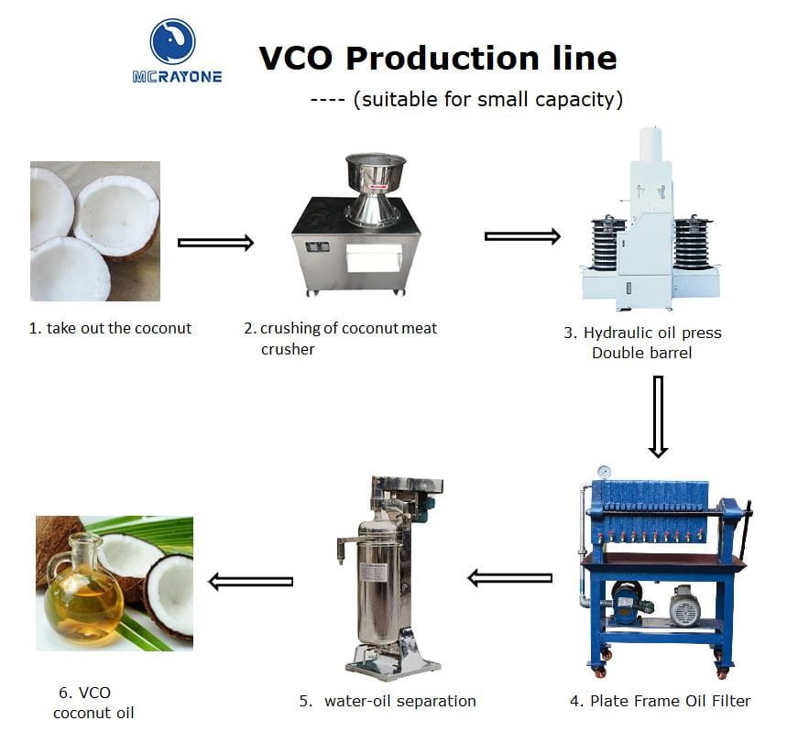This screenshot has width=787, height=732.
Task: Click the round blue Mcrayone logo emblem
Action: click(x=172, y=41)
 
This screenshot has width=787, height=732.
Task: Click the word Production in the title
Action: click(x=443, y=59)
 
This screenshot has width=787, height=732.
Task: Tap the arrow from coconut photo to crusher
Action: click(x=216, y=243)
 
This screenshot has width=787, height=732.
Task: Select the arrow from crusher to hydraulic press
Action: click(x=522, y=236)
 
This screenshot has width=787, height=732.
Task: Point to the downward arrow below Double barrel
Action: click(x=658, y=416)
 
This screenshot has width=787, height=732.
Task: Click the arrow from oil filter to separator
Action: click(x=510, y=578)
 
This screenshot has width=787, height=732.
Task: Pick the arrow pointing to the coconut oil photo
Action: click(x=250, y=582)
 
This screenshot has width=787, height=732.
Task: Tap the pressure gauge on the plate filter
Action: click(x=604, y=472)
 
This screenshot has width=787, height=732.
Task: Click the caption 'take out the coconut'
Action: click(x=119, y=328)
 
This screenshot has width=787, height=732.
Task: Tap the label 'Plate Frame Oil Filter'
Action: click(x=670, y=701)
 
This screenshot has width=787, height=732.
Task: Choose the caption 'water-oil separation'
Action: click(x=400, y=701)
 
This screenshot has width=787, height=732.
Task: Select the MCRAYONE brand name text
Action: click(x=177, y=77)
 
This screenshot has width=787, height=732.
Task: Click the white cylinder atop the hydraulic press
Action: click(x=650, y=144)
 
